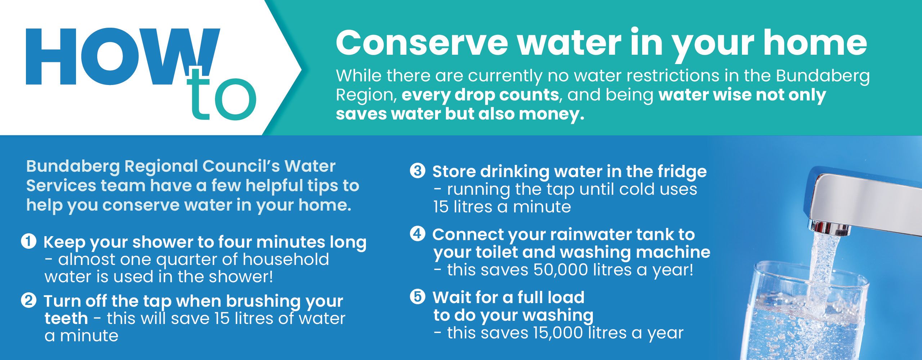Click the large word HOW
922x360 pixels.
122,57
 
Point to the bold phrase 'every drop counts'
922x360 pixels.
480,95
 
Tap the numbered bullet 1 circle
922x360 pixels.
29,241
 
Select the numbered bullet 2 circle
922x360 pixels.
29,300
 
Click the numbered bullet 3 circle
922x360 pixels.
417,171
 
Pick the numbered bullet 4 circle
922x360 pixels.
417,234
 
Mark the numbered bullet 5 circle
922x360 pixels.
417,297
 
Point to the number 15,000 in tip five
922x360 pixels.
558,333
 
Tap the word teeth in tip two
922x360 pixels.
66,318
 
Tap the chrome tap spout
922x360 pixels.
864,205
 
